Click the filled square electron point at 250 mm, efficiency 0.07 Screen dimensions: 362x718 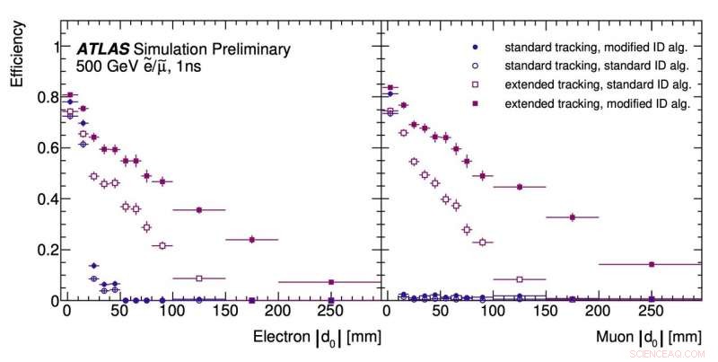pyautogui.click(x=331, y=282)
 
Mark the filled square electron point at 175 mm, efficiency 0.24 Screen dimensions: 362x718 pyautogui.click(x=252, y=239)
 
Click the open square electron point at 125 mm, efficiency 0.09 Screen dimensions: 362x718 pyautogui.click(x=199, y=278)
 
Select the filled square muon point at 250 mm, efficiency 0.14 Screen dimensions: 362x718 pyautogui.click(x=651, y=264)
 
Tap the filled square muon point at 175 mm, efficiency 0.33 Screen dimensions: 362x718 pyautogui.click(x=572, y=216)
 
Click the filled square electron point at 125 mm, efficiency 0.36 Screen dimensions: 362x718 pyautogui.click(x=199, y=209)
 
